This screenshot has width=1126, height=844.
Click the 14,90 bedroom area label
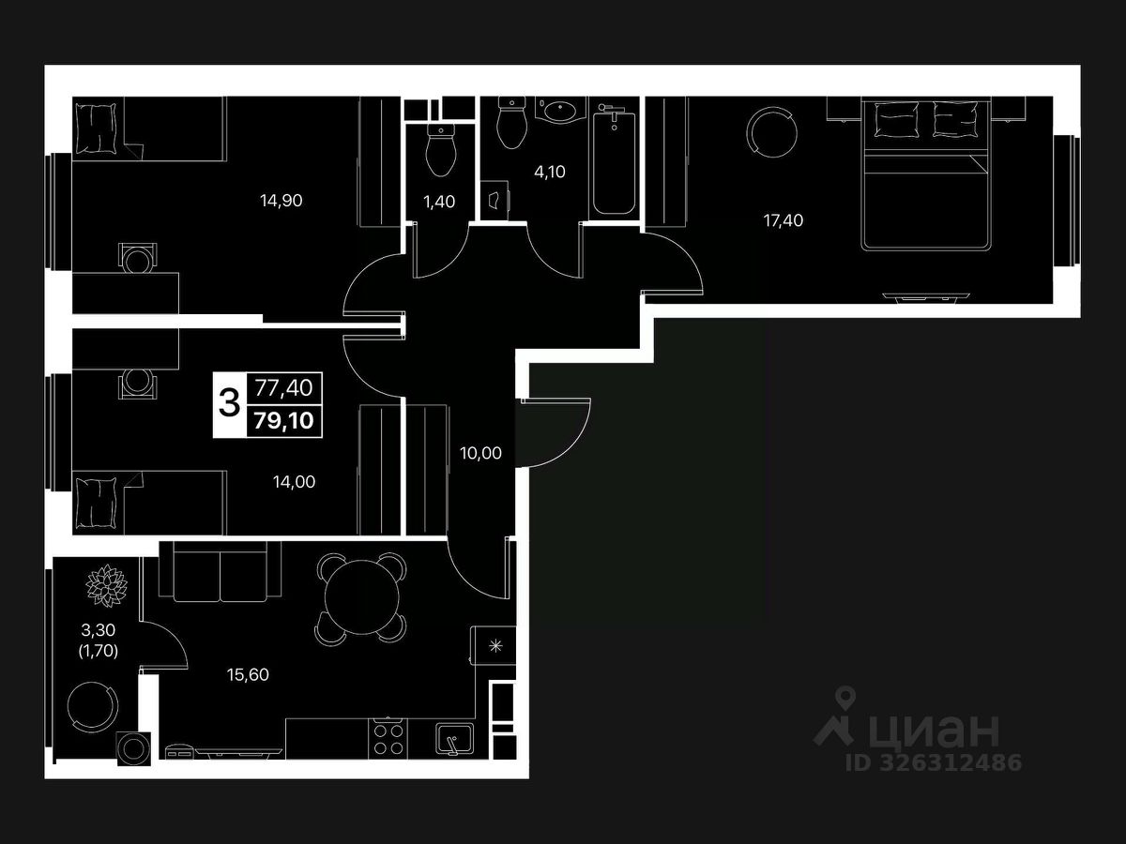pyautogui.click(x=282, y=200)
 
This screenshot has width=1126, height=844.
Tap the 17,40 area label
pyautogui.click(x=783, y=220)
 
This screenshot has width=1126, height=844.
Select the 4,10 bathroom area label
pyautogui.click(x=549, y=172)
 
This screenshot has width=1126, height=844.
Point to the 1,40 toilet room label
pyautogui.click(x=439, y=201)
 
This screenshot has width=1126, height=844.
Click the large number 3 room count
pyautogui.click(x=228, y=404)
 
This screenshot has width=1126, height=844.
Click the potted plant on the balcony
pyautogui.click(x=106, y=584)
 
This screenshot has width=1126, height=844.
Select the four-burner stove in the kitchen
pyautogui.click(x=388, y=737)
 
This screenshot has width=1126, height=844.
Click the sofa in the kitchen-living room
pyautogui.click(x=221, y=572)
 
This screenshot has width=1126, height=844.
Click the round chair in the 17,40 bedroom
pyautogui.click(x=771, y=130)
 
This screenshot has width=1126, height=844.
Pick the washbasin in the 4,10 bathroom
pyautogui.click(x=560, y=111)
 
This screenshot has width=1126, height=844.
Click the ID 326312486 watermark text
pyautogui.click(x=935, y=762)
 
